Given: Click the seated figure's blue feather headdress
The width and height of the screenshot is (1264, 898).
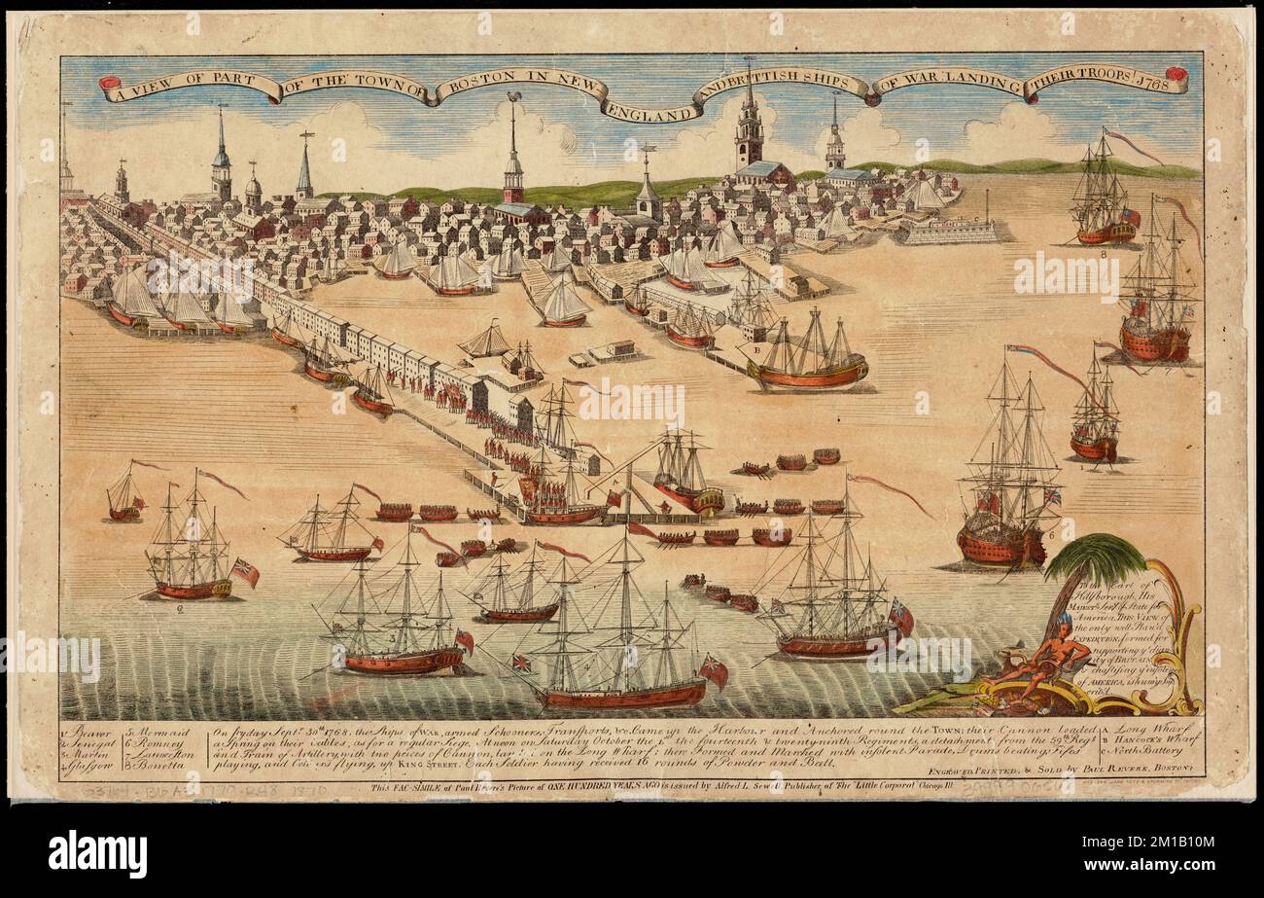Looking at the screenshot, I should (1066, 621).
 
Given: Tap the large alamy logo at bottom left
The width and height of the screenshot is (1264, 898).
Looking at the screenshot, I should (97, 853).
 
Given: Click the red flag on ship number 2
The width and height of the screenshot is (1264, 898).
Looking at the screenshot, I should (244, 572).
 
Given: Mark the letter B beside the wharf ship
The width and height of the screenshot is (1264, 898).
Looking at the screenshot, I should (756, 348).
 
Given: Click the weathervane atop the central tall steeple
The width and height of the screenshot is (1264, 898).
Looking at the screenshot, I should (513, 97).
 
